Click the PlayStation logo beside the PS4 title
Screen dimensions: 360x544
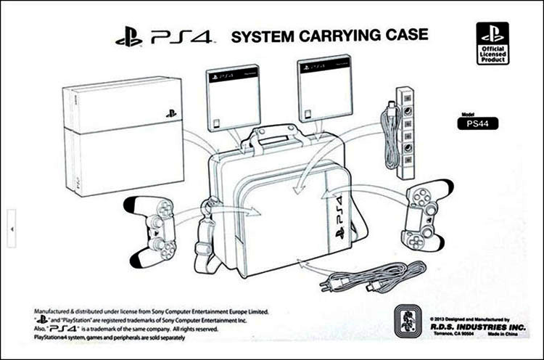tap(128, 38)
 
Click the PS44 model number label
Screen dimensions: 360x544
tap(477, 123)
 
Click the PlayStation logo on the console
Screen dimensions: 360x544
tap(170, 114)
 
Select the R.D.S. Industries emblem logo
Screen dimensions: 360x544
tap(404, 324)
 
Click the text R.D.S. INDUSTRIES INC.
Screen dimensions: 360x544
tap(471, 326)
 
